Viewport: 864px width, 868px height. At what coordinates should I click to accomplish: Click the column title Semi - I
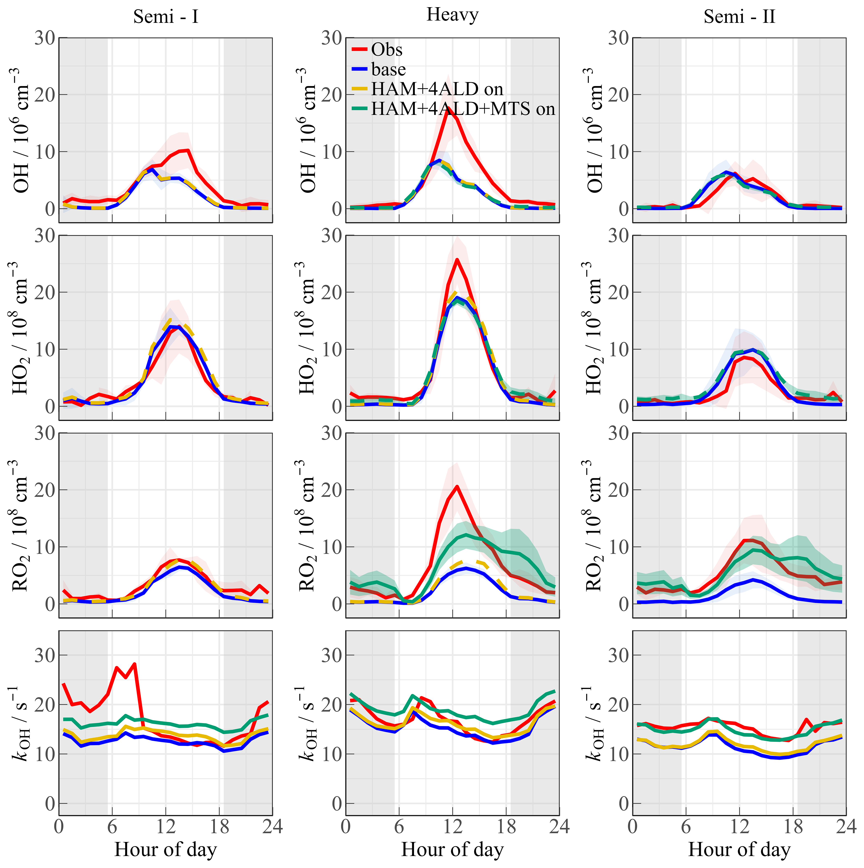click(x=166, y=17)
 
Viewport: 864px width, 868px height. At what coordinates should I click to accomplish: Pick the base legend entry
click(x=389, y=70)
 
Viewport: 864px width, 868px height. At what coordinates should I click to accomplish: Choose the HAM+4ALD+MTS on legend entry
click(x=463, y=109)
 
